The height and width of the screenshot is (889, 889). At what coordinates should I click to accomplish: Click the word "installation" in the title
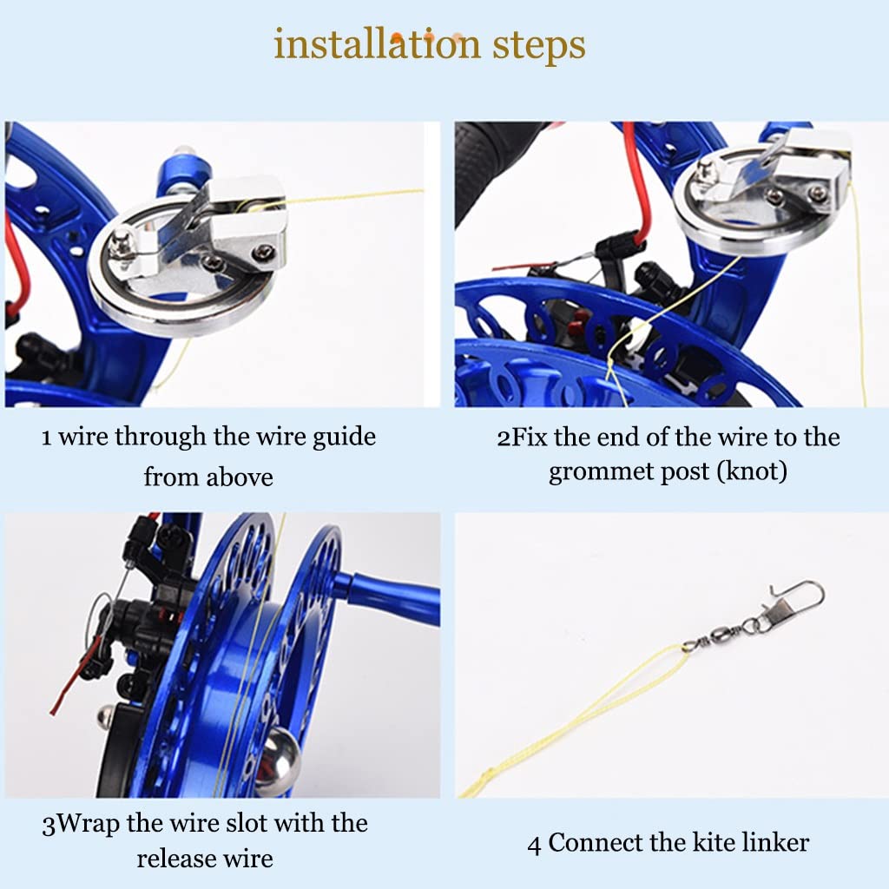[377, 44]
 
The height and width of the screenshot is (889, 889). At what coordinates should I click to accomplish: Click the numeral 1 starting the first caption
[47, 438]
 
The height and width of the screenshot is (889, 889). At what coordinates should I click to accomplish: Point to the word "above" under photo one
[240, 477]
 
